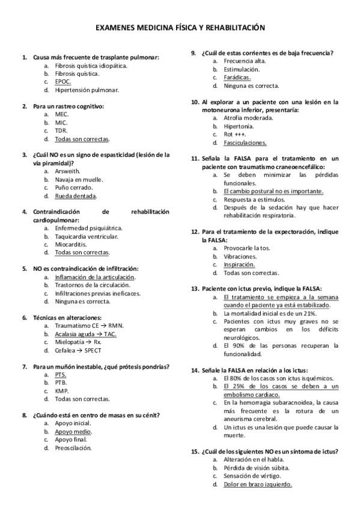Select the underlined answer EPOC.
pos(63,82)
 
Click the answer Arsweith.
pos(67,171)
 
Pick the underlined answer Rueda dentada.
pos(76,196)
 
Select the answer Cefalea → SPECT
pos(78,351)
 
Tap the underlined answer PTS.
pos(60,374)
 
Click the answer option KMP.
pos(61,391)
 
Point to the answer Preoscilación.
pos(73,448)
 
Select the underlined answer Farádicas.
pos(237,78)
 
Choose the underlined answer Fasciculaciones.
pos(245,143)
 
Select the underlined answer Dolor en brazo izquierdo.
pos(258,484)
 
